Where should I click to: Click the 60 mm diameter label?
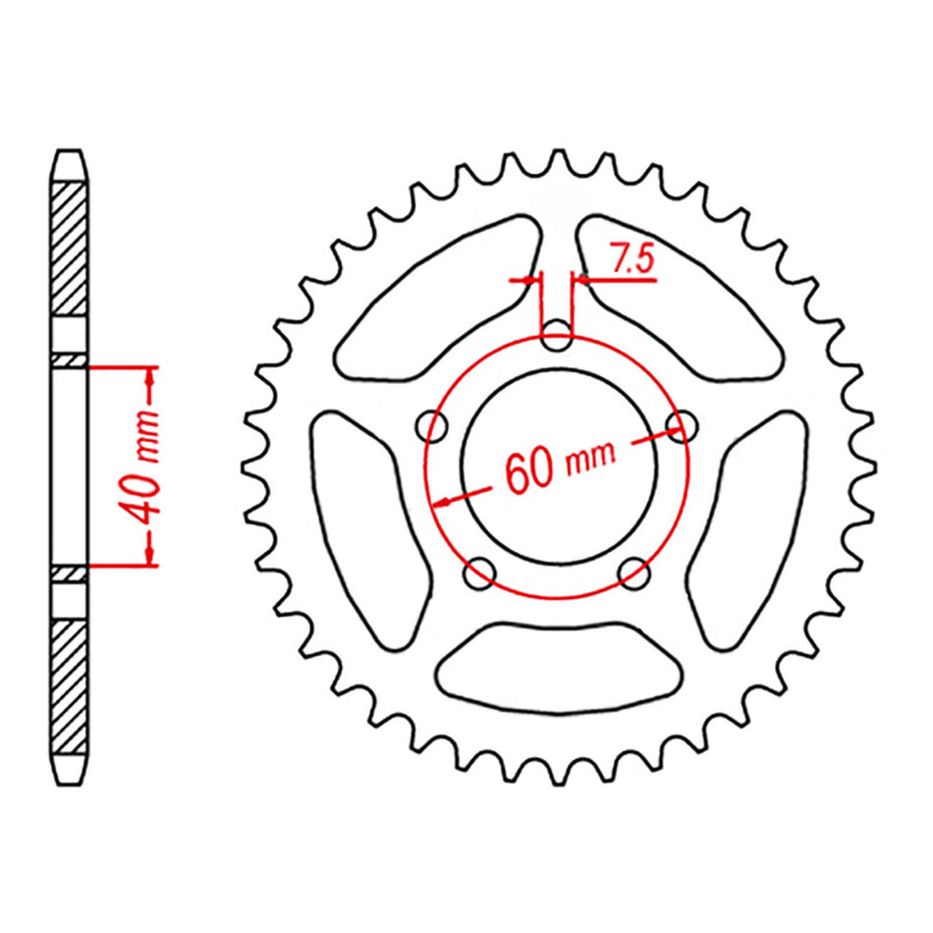pos(560,466)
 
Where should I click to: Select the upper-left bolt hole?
pos(432,425)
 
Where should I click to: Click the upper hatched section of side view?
pos(68,246)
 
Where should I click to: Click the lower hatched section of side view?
pos(68,687)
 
